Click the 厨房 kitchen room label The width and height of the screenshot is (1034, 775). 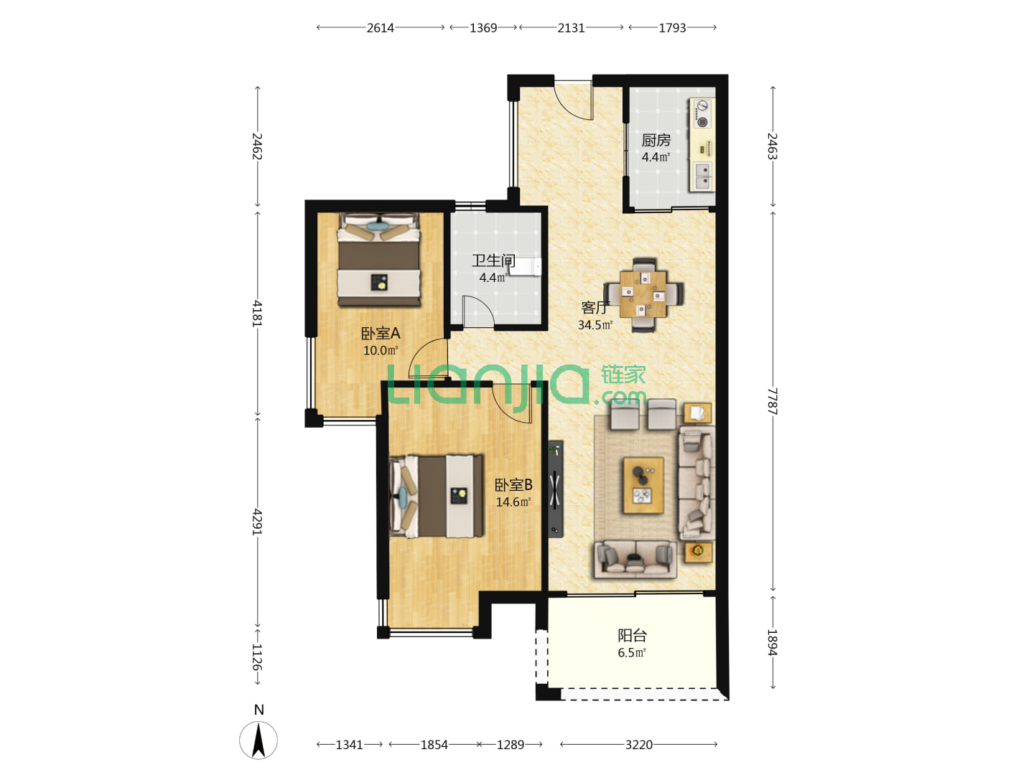(656, 140)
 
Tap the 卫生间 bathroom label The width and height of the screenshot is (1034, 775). (493, 260)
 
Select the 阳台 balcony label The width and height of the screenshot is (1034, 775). (632, 635)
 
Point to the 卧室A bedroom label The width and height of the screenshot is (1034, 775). (380, 333)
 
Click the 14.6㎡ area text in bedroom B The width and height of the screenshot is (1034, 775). (513, 502)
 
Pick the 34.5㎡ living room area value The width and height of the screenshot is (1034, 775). (595, 324)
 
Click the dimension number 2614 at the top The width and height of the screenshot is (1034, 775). (380, 28)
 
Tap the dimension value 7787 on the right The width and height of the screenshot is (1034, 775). (772, 401)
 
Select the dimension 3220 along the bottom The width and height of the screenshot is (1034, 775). (639, 744)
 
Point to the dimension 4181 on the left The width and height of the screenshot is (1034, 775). (257, 314)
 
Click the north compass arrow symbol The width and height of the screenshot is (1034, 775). (258, 741)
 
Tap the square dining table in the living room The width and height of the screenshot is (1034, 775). (643, 294)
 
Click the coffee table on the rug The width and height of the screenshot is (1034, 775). (643, 485)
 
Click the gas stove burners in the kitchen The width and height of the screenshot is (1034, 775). (702, 113)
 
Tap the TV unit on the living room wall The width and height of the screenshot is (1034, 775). (555, 489)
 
